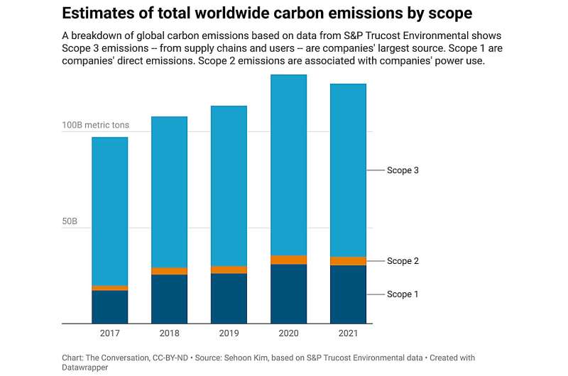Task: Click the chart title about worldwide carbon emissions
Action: click(x=267, y=13)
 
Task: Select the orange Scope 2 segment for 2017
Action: click(x=109, y=288)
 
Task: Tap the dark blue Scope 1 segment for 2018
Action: click(x=169, y=299)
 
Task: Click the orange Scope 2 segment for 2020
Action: click(x=288, y=260)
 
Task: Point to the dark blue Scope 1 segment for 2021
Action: click(x=348, y=294)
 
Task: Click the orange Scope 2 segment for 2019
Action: click(x=229, y=270)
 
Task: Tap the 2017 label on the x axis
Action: click(x=109, y=333)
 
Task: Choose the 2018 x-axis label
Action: click(x=169, y=333)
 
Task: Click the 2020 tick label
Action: click(x=288, y=333)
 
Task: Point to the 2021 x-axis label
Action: click(x=348, y=333)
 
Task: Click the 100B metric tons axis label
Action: click(x=96, y=125)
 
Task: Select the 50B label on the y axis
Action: click(x=69, y=221)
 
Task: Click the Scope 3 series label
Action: click(x=404, y=170)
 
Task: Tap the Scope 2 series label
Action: click(x=404, y=261)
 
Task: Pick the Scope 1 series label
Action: click(x=404, y=294)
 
